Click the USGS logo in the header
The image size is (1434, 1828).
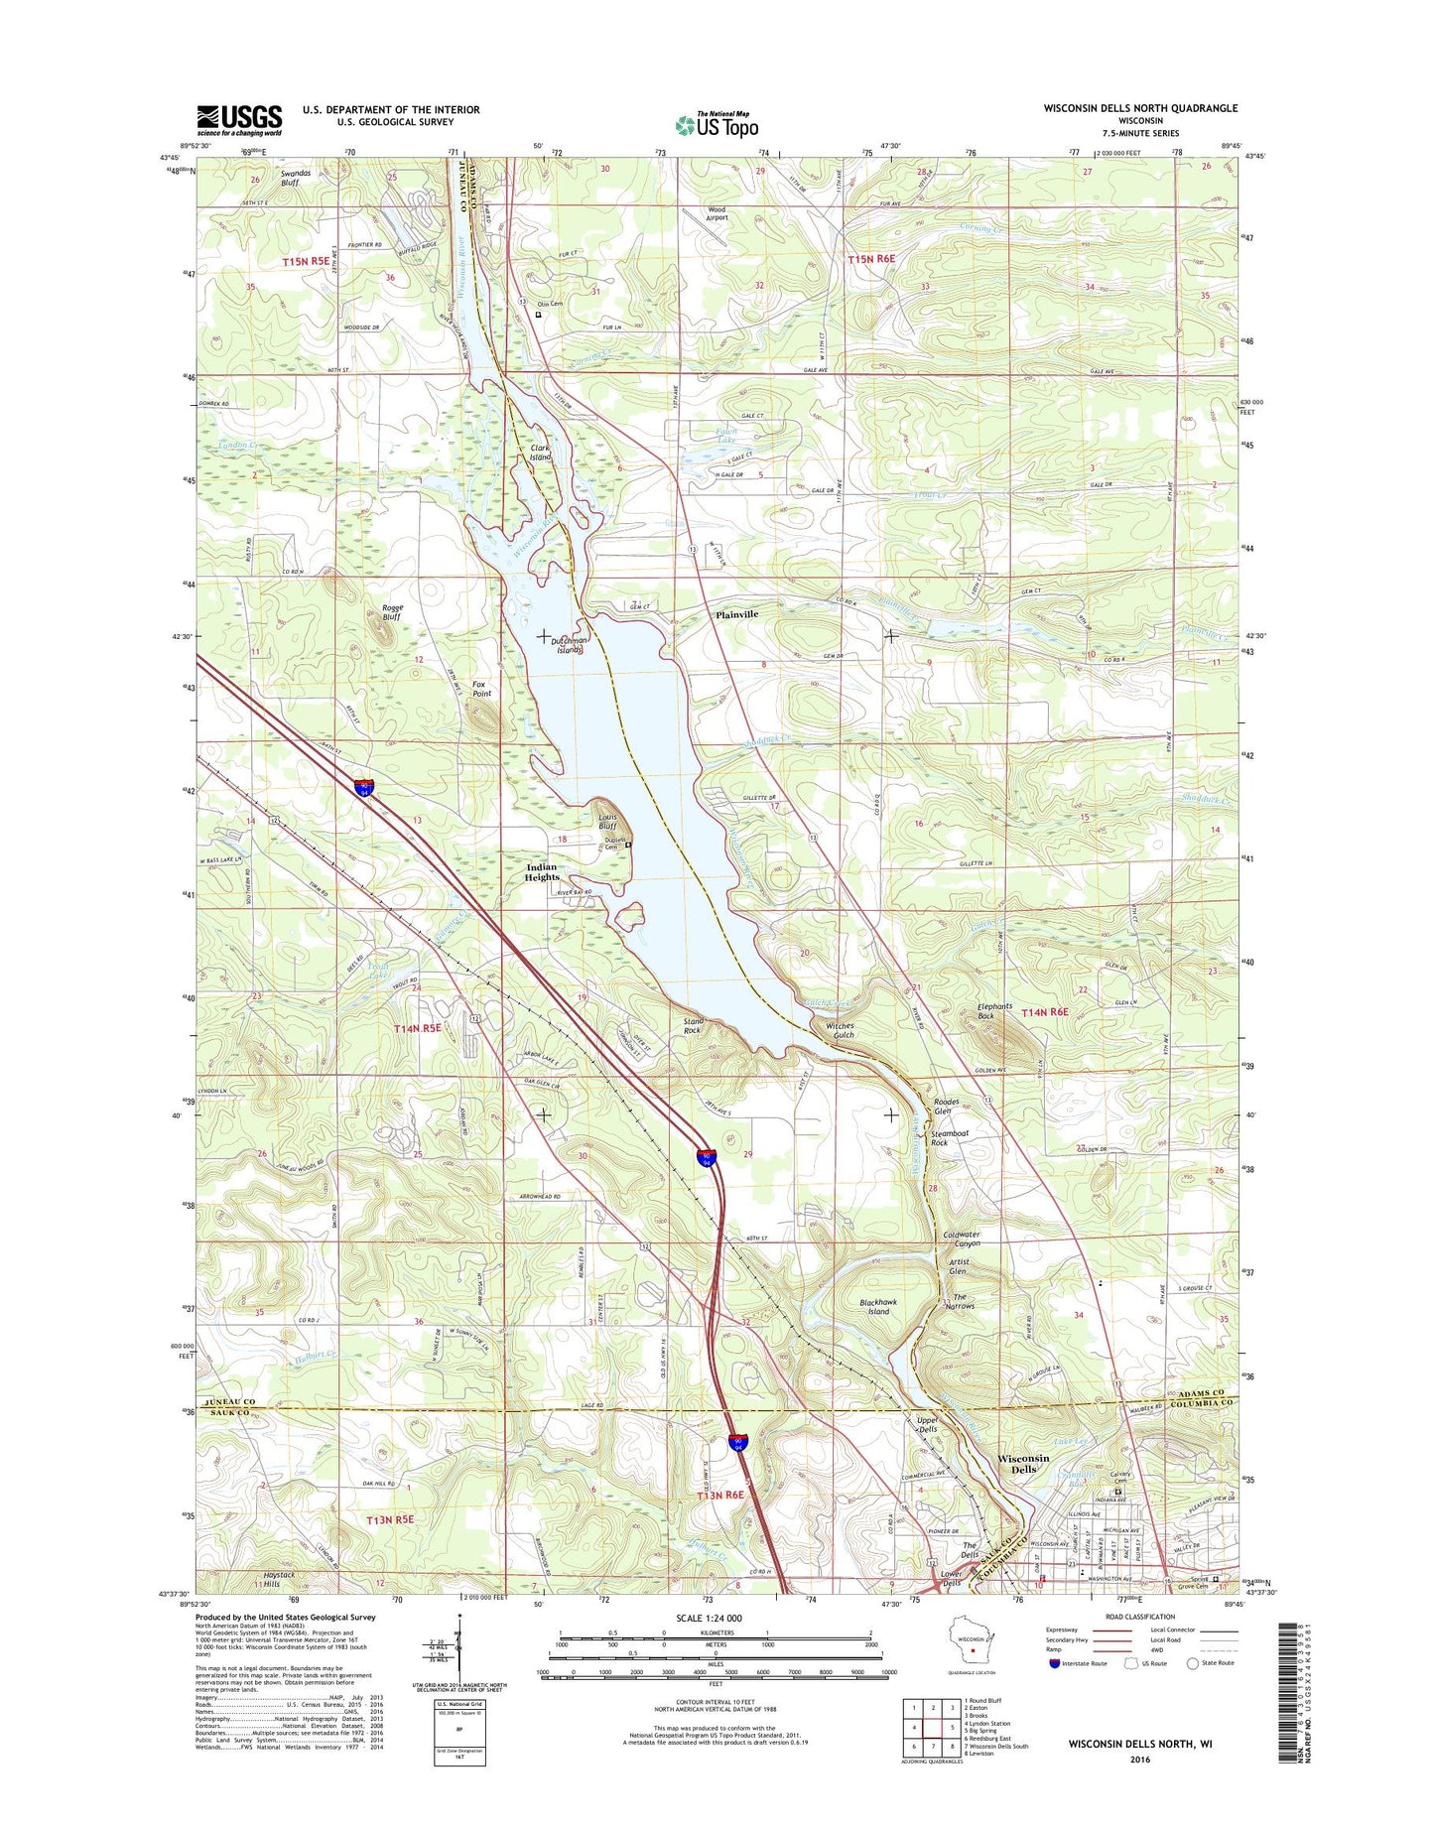[x=238, y=120]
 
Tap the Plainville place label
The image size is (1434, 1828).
[x=737, y=614]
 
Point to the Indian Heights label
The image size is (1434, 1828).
[x=542, y=872]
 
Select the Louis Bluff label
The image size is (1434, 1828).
[x=607, y=821]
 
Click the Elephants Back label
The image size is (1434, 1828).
[x=994, y=1011]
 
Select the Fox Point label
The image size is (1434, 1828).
[x=481, y=689]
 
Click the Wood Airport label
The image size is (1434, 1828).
[x=717, y=214]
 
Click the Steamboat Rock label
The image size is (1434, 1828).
[x=950, y=1138]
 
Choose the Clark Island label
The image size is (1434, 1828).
[x=541, y=453]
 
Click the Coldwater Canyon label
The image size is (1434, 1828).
[x=961, y=1240]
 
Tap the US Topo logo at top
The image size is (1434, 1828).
[x=717, y=124]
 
